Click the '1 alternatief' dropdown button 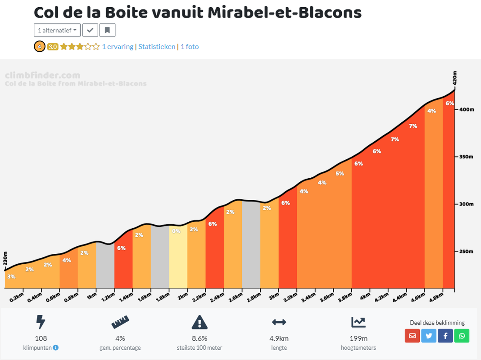pos(57,30)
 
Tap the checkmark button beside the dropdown pos(90,30)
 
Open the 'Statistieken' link pos(157,46)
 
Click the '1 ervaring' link pos(118,46)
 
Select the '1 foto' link pos(190,46)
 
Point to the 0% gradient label pos(176,231)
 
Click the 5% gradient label pos(340,173)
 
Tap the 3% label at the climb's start pos(11,276)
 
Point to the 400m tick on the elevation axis pos(466,110)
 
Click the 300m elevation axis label pos(466,204)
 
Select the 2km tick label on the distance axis pos(182,297)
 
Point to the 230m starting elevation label pos(5,258)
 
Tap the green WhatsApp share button pos(462,336)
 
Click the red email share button pos(412,336)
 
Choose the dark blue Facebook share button pos(445,336)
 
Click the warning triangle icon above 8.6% pos(200,322)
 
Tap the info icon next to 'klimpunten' pos(56,348)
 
